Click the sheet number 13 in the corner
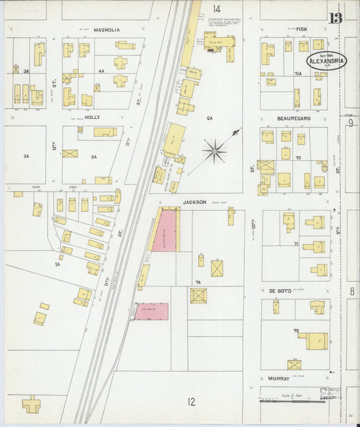336,18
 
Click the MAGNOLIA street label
107,30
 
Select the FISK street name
301,30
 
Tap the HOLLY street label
92,117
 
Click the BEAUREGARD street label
293,118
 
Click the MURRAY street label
278,379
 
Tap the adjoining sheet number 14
215,9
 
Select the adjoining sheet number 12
191,401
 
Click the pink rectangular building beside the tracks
151,311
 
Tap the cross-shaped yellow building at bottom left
31,405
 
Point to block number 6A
209,118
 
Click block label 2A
26,156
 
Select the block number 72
296,330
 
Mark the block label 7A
198,282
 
